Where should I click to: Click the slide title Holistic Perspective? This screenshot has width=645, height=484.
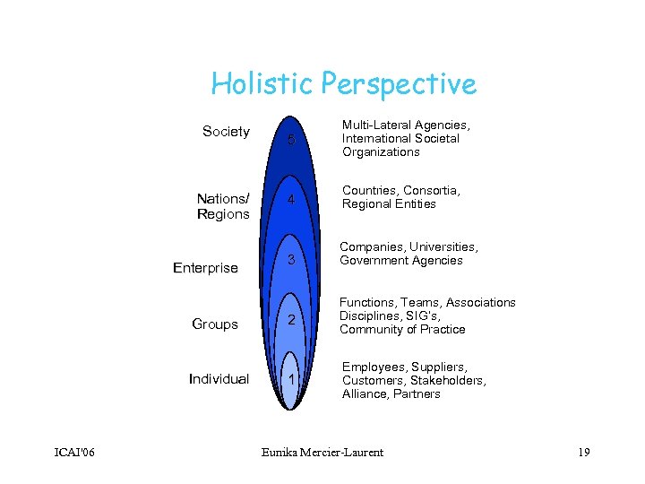point(343,84)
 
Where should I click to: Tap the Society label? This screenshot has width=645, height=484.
point(226,132)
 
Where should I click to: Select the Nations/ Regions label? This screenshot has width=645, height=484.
point(223,206)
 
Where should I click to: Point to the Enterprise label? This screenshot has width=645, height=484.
point(205,268)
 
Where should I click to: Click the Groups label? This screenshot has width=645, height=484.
point(215,324)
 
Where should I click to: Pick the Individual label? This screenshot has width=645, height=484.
point(219,379)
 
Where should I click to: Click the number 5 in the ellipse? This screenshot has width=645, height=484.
point(290,141)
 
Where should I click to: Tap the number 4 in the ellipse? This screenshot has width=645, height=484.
point(290,202)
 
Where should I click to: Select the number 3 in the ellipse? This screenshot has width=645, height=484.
point(291,261)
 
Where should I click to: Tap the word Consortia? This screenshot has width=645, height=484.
point(431,190)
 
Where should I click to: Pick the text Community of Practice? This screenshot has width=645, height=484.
point(402,329)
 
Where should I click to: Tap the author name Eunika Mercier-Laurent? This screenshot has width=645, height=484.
point(322,452)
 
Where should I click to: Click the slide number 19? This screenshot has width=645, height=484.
point(583,452)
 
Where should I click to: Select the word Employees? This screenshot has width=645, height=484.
point(372,367)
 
